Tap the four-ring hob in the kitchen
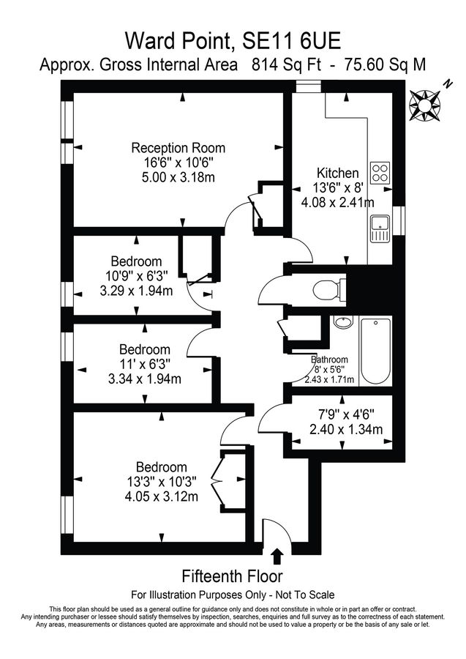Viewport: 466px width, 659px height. click(380, 172)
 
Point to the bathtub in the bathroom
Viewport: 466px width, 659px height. click(377, 351)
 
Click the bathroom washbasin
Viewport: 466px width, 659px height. click(342, 323)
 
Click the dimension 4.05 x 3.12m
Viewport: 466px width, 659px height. click(161, 497)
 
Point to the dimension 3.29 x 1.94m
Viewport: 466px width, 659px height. click(135, 290)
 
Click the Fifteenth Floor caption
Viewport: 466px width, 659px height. click(232, 576)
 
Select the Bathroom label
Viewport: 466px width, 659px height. click(331, 360)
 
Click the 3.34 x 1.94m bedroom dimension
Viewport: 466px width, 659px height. click(145, 378)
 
